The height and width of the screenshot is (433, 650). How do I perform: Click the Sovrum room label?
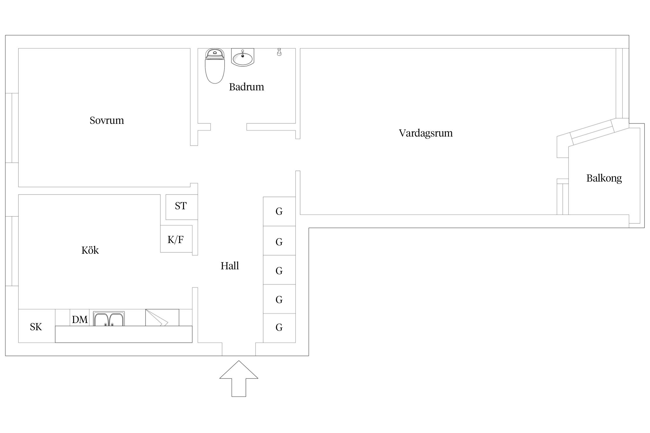[107, 120]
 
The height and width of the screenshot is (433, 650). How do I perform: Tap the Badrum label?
[246, 87]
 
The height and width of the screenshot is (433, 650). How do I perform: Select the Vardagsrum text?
[426, 133]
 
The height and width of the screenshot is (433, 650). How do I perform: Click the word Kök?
[90, 250]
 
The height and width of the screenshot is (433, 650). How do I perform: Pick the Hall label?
[230, 266]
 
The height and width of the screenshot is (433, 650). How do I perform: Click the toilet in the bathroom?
[215, 66]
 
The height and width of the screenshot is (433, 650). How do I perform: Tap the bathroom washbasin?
[243, 57]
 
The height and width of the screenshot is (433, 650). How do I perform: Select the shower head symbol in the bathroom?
[279, 52]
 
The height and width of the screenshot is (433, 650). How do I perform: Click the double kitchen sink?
[109, 319]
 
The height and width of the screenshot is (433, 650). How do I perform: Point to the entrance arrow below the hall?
[239, 378]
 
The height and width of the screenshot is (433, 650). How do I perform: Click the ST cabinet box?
[182, 207]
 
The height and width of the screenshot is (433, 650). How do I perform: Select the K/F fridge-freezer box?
[176, 239]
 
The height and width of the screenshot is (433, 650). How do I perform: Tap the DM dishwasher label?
[80, 320]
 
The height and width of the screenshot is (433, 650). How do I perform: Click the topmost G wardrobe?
[279, 211]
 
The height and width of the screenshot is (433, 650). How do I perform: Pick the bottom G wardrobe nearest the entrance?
[279, 328]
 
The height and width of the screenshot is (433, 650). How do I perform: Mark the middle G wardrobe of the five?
[279, 270]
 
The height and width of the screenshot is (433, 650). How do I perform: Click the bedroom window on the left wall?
[12, 128]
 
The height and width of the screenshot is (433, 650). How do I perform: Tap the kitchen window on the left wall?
[12, 251]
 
